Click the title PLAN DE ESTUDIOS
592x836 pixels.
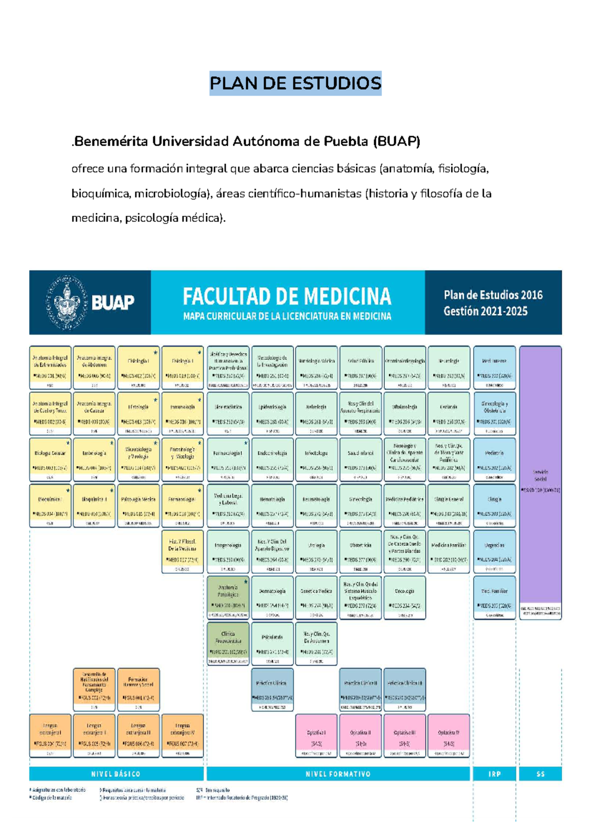point(295,83)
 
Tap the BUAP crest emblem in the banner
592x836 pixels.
point(67,302)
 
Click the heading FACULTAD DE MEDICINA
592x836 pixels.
point(287,297)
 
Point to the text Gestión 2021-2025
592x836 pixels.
point(485,311)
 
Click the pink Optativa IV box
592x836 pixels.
point(448,736)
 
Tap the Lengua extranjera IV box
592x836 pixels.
point(183,736)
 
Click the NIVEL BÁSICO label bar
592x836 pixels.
point(116,774)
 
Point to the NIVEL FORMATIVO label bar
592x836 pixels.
point(338,774)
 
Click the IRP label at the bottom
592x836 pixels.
point(494,774)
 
